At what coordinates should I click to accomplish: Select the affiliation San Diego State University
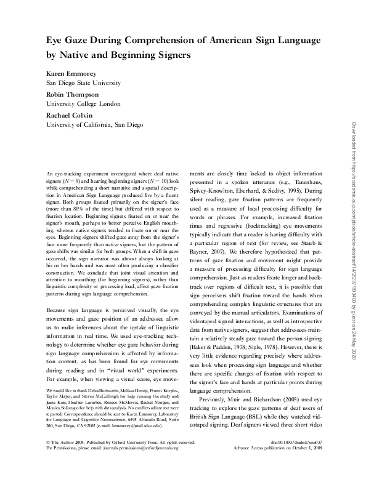click(84, 82)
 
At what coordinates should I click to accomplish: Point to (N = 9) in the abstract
click(78, 182)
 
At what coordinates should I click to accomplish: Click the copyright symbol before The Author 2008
click(49, 459)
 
